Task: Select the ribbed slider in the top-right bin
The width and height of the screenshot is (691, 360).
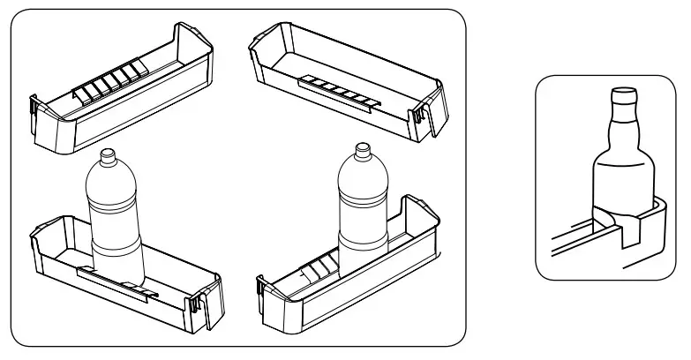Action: tap(339, 91)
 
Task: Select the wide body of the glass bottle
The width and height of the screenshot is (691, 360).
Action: tap(624, 176)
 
